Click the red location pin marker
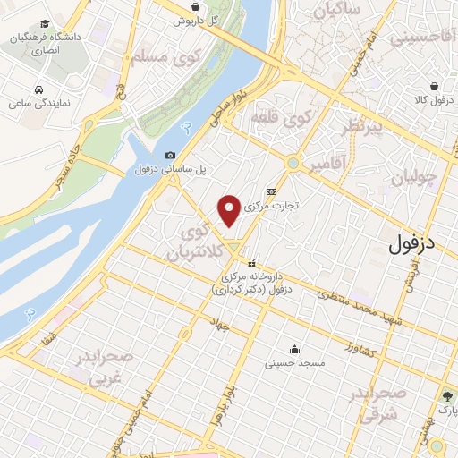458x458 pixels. (x=229, y=209)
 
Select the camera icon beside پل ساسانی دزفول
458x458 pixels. (x=171, y=156)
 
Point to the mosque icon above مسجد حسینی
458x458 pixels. (x=295, y=349)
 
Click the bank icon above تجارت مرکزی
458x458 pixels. (x=272, y=191)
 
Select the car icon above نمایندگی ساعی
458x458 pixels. (x=39, y=90)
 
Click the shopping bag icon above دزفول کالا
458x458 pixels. (x=433, y=88)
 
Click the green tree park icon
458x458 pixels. (x=445, y=394)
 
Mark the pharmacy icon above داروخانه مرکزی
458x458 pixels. (x=252, y=264)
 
